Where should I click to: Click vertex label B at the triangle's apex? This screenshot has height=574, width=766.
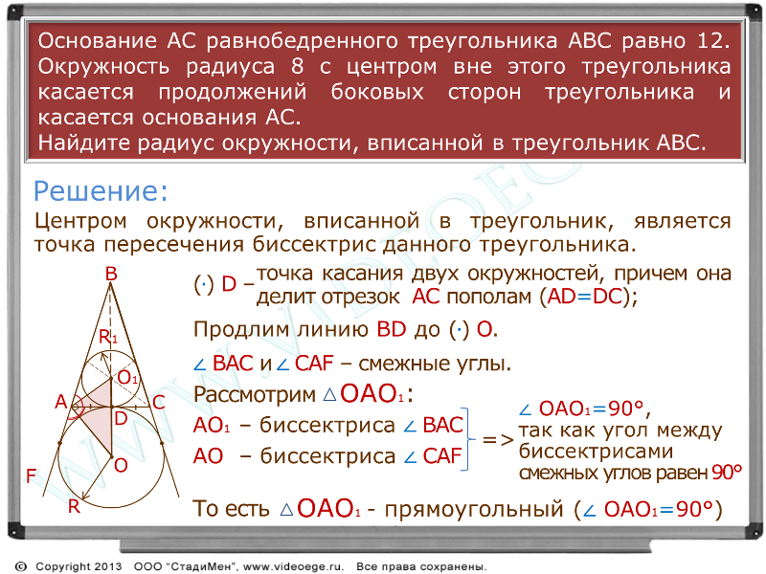(x=111, y=274)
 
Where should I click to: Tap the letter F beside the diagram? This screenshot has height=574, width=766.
(x=32, y=475)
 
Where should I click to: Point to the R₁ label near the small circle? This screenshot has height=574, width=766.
(x=108, y=337)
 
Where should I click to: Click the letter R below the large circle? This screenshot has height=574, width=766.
(x=74, y=507)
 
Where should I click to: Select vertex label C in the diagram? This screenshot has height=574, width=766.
(x=159, y=403)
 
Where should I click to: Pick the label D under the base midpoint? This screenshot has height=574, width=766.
(x=121, y=418)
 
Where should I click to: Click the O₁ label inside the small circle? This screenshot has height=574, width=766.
(x=127, y=377)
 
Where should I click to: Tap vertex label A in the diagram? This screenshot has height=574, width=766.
(x=60, y=402)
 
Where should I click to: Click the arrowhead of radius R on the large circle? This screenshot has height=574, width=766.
(x=85, y=497)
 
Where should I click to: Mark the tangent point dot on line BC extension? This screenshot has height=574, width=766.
(x=162, y=443)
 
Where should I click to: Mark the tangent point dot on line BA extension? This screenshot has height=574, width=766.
(x=60, y=443)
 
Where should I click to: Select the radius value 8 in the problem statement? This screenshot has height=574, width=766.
(x=298, y=66)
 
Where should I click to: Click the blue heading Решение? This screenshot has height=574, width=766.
(x=101, y=190)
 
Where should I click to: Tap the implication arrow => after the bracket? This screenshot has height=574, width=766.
(x=498, y=440)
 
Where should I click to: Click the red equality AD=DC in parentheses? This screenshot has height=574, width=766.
(x=585, y=297)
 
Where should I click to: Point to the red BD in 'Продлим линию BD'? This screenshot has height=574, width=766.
(x=392, y=330)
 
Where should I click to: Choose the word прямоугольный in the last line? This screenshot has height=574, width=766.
(x=474, y=510)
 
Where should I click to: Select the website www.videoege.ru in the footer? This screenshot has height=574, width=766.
(x=293, y=566)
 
